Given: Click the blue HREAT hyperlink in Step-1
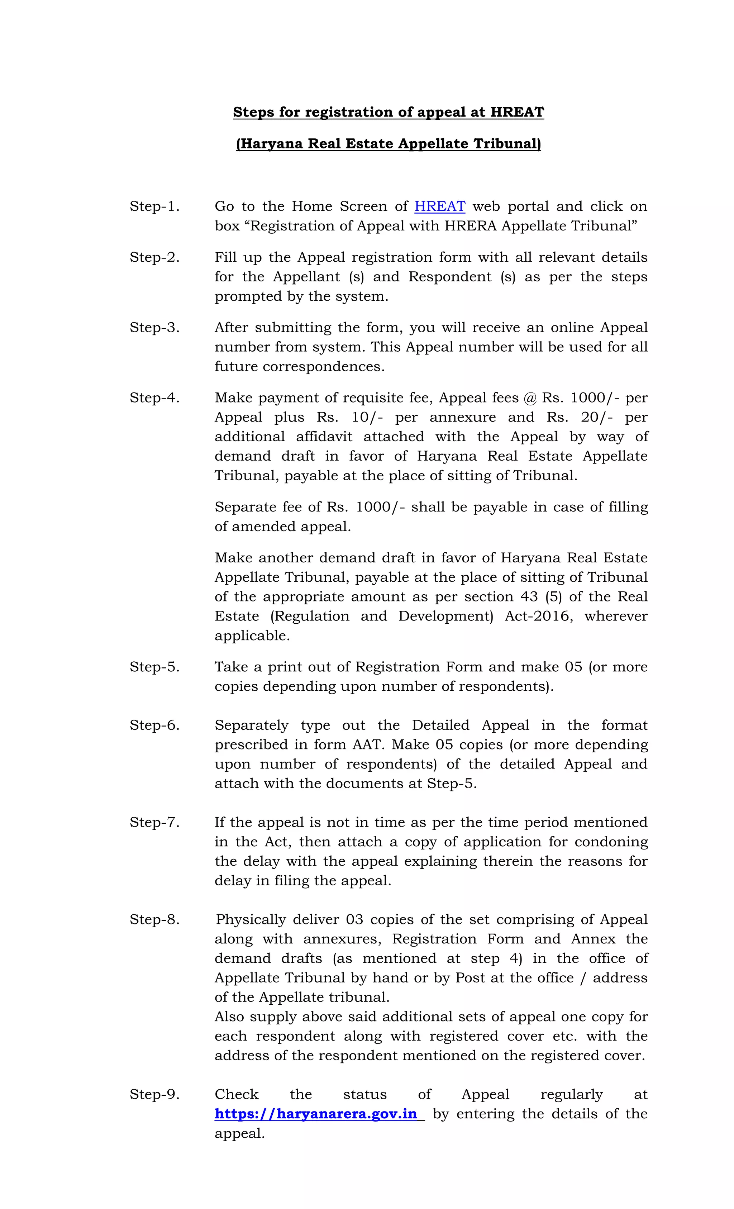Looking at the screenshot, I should point(440,206).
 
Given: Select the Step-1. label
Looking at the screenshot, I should point(154,206).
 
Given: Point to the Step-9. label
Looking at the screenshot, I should point(154,1094).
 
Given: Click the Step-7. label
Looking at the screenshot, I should point(154,822).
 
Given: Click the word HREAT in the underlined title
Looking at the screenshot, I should point(517,112).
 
